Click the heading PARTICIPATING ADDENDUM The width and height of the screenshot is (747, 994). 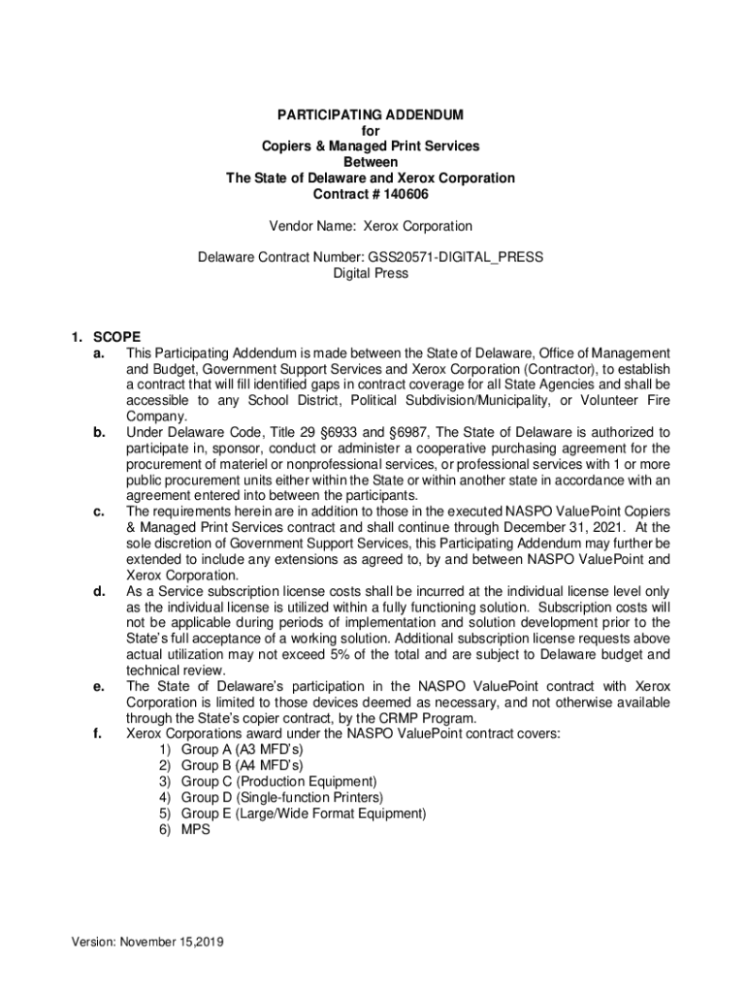(x=370, y=115)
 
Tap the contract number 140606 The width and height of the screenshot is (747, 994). (x=403, y=194)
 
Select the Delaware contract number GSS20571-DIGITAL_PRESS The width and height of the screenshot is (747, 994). (x=455, y=257)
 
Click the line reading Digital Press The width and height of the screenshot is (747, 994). (x=371, y=274)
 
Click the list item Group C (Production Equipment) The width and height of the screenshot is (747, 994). (x=278, y=781)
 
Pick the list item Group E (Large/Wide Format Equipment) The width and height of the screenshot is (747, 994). (x=304, y=813)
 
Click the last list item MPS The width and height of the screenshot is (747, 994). (x=196, y=830)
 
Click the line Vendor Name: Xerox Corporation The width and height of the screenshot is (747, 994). (x=371, y=226)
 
